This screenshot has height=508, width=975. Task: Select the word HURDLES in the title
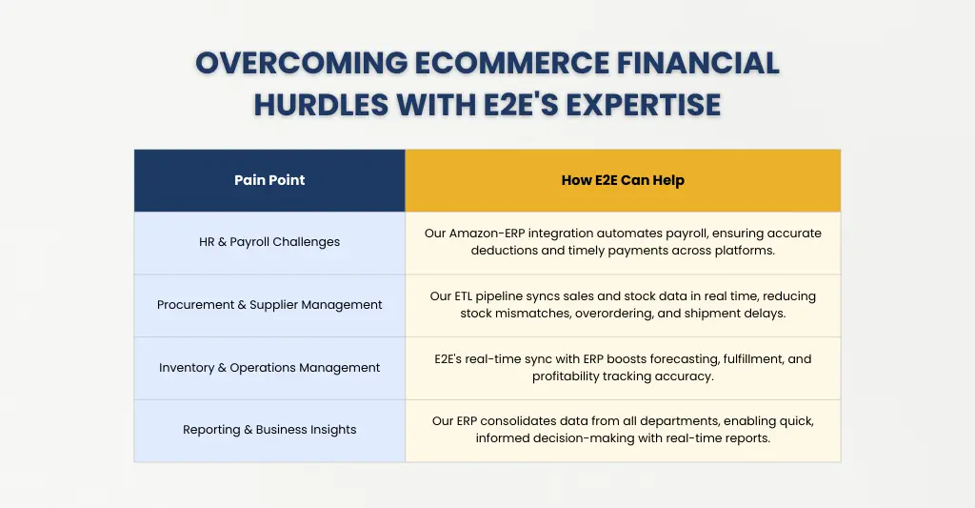pos(319,104)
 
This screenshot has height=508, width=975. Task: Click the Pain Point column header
pos(269,180)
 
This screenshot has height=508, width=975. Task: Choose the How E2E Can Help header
pos(623,180)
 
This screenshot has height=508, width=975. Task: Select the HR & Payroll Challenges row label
pos(269,242)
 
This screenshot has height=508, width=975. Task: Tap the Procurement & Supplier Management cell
pos(269,305)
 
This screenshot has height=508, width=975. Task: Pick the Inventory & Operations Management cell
pos(269,368)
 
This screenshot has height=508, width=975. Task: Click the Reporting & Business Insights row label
pos(269,430)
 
